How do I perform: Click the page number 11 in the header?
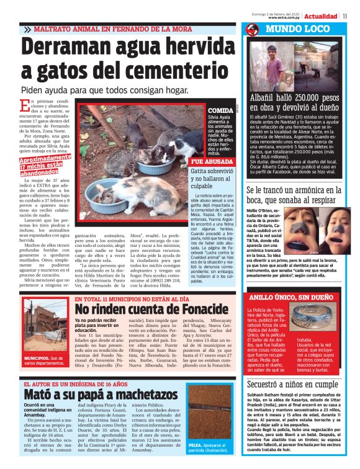[x=353, y=16]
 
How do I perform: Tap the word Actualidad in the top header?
[x=325, y=16]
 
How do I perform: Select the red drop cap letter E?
[x=24, y=105]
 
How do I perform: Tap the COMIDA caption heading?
[x=221, y=110]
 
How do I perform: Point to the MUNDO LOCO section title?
[x=292, y=29]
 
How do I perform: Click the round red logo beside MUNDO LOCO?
[x=251, y=30]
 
